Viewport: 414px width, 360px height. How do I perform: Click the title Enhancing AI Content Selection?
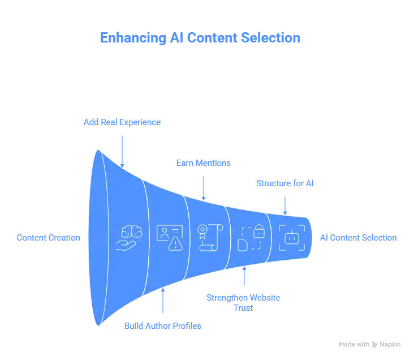coord(201,38)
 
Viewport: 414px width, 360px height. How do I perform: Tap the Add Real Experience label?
coord(122,122)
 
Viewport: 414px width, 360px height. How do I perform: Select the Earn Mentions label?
coord(203,163)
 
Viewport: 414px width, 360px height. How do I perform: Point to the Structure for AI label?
coord(286,185)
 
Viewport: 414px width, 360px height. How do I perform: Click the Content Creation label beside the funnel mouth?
coord(48,238)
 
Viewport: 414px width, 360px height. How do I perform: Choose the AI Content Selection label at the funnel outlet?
coord(359,239)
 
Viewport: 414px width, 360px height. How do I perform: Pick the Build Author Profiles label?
coord(162,325)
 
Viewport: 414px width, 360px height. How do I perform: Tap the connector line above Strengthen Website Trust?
coord(244,276)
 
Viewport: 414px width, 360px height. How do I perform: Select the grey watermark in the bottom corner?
coord(370,344)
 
